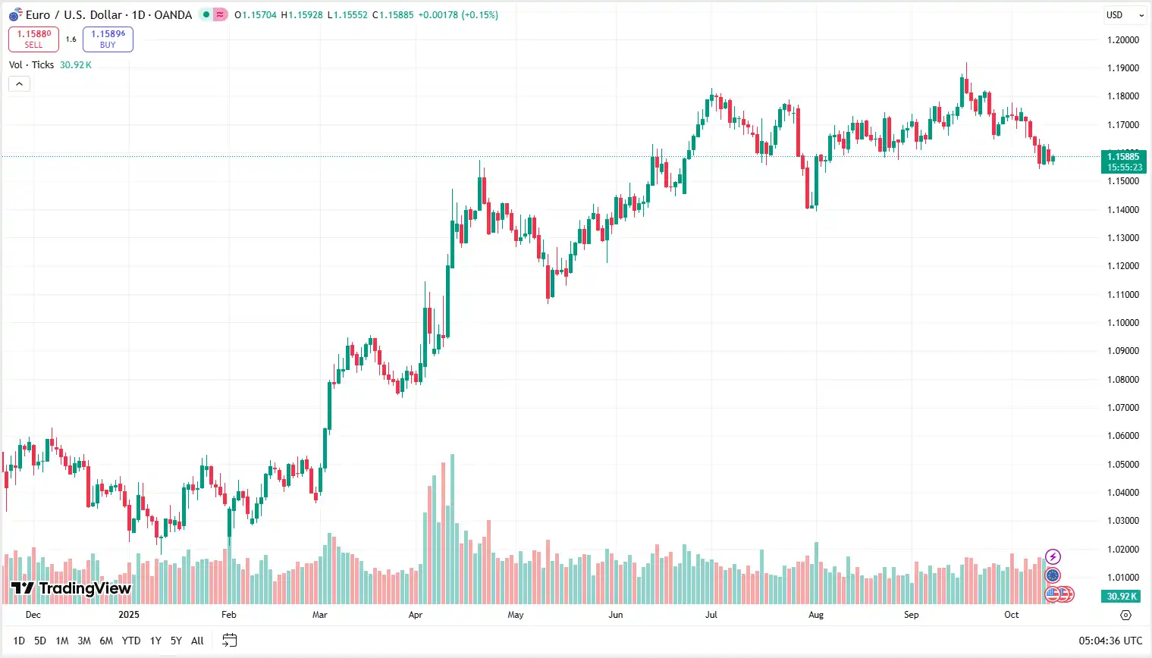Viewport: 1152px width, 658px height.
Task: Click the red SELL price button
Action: (x=33, y=39)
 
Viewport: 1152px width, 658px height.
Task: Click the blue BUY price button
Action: (x=108, y=39)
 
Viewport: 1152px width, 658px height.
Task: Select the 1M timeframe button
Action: (x=62, y=641)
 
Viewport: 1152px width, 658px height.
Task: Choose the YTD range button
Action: (x=131, y=641)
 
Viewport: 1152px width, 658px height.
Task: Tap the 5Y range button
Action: (x=176, y=641)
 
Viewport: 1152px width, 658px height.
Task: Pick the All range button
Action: (x=197, y=641)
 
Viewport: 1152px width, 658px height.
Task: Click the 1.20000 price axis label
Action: (x=1123, y=39)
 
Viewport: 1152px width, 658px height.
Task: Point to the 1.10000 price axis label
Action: (x=1123, y=323)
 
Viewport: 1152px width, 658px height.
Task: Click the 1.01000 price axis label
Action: (x=1123, y=578)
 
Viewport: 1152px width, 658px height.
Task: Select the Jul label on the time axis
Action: (x=711, y=615)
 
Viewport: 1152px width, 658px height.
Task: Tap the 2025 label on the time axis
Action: (x=129, y=615)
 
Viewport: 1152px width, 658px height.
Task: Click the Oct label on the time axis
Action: (x=1012, y=615)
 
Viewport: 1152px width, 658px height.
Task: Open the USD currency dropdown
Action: (x=1124, y=15)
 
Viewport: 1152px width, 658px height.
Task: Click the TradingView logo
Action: (x=71, y=588)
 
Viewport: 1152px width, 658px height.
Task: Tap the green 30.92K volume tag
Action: (x=1122, y=597)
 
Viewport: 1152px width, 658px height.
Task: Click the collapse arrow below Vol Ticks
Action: (x=19, y=84)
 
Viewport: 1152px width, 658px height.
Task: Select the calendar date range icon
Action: (x=229, y=641)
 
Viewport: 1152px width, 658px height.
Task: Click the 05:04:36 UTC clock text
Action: (x=1110, y=641)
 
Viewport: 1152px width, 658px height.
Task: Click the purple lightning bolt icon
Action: (x=1053, y=557)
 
